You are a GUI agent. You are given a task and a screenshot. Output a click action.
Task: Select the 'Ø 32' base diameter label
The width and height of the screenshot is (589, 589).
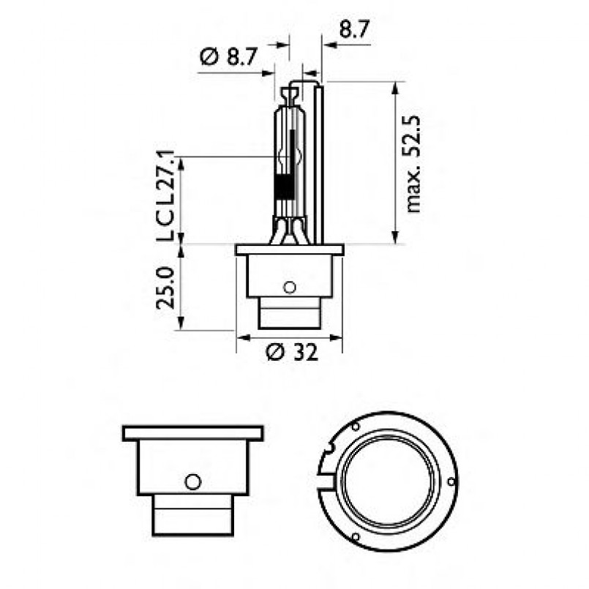tap(292, 353)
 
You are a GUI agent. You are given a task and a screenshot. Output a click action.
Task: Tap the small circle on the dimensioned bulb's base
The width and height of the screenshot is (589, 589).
tap(289, 286)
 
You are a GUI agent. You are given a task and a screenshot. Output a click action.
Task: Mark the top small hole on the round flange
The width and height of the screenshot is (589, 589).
tap(356, 426)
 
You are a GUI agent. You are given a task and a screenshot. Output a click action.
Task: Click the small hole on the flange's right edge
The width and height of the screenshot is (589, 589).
tap(451, 481)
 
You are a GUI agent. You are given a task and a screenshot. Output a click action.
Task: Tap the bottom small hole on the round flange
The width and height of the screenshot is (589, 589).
tap(356, 538)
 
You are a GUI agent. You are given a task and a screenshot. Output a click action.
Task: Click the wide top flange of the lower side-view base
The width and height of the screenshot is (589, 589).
tap(192, 432)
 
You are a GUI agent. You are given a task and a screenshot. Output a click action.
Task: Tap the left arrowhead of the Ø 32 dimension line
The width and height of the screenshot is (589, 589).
tap(242, 338)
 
